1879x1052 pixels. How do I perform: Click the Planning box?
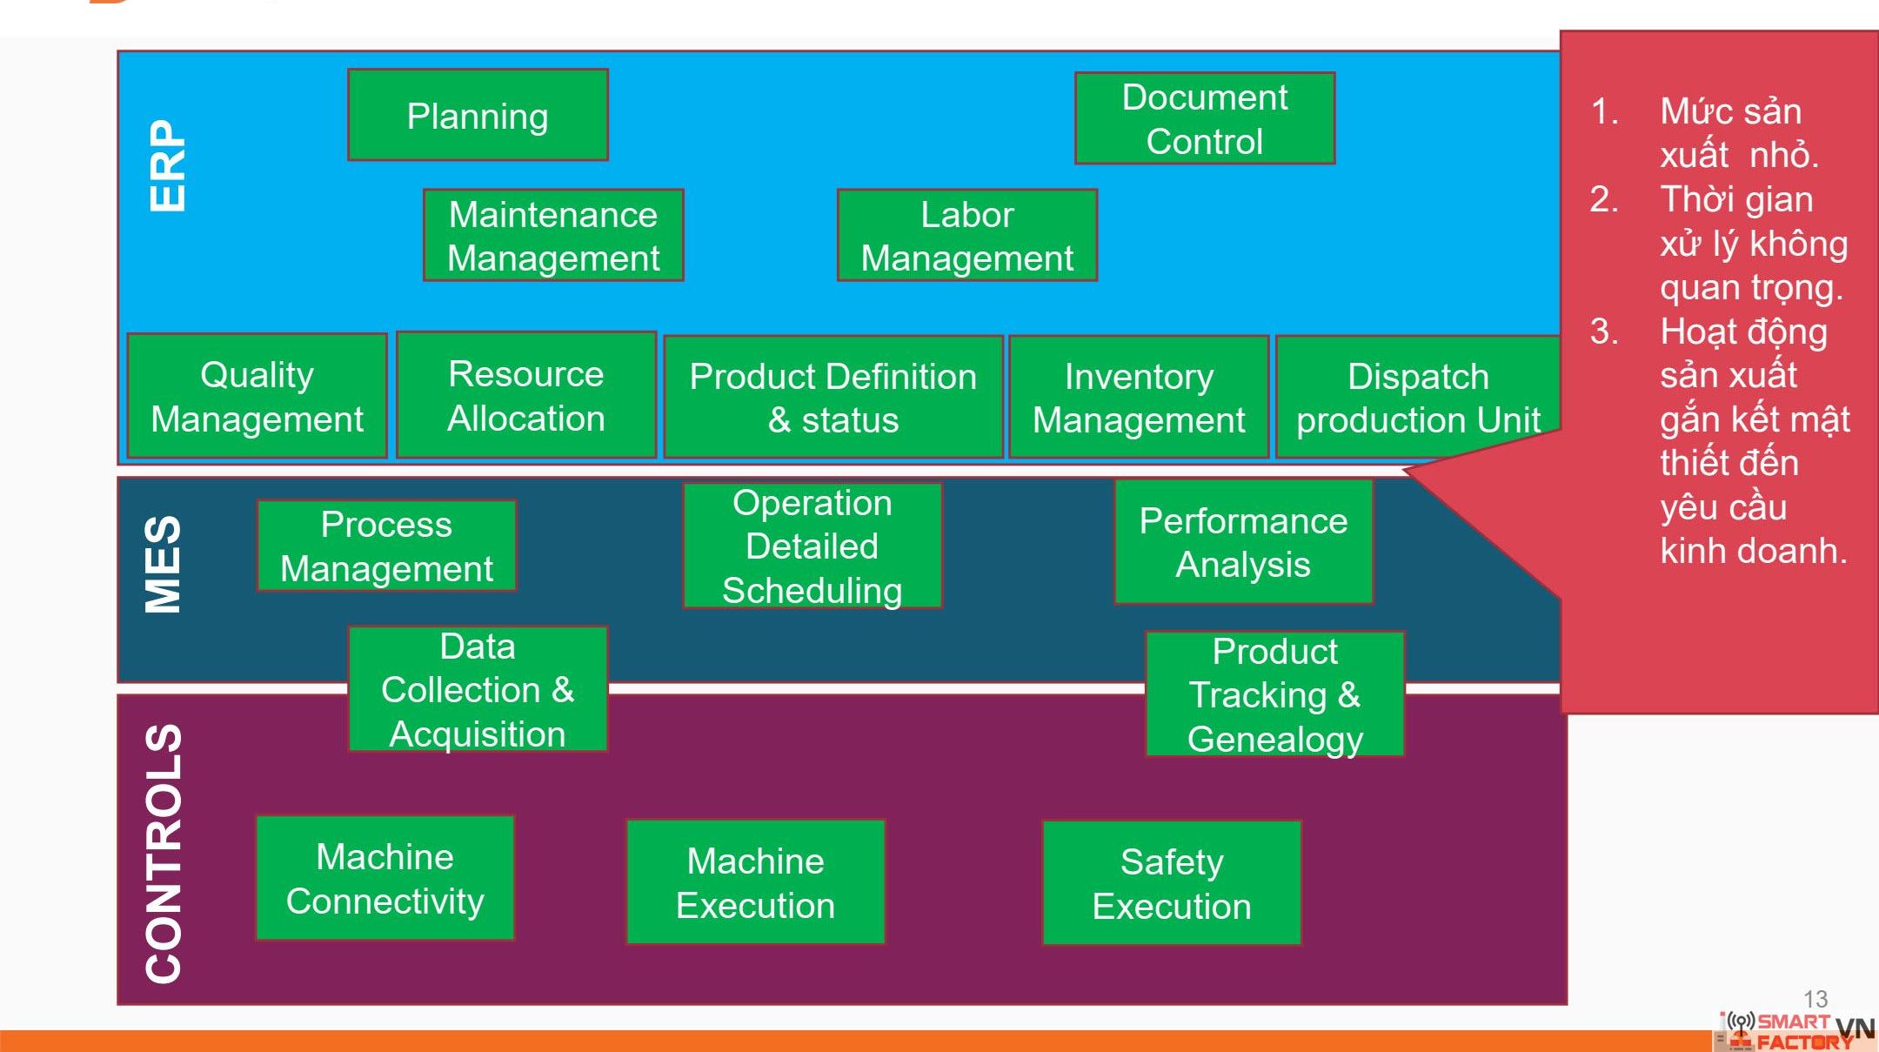tap(478, 116)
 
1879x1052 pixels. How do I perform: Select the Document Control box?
tap(1204, 119)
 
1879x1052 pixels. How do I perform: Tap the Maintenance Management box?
tap(553, 236)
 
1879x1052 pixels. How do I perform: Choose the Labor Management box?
tap(966, 236)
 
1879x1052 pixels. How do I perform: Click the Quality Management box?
tap(257, 397)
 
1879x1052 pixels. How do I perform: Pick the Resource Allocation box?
tap(525, 396)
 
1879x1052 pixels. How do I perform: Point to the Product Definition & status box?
tap(833, 398)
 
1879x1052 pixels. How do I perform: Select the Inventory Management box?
tap(1138, 398)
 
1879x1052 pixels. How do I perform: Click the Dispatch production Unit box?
tap(1417, 398)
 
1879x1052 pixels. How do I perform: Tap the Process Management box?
tap(386, 546)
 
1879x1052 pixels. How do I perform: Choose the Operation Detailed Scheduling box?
tap(812, 546)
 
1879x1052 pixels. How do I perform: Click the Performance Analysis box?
tap(1243, 542)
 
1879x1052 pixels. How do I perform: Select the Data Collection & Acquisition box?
tap(477, 690)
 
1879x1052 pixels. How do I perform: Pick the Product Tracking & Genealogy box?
tap(1274, 694)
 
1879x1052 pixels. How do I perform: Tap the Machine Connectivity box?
tap(384, 879)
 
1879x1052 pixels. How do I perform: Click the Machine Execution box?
tap(755, 882)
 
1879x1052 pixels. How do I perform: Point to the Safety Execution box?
tap(1171, 883)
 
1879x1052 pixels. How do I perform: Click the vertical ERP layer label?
tap(166, 165)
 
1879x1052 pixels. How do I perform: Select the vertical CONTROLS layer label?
tap(164, 853)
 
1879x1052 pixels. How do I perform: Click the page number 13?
tap(1815, 999)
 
